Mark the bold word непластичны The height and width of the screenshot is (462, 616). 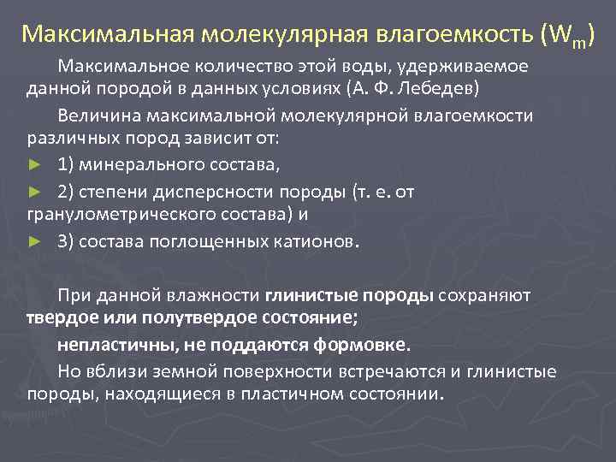pos(107,345)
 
